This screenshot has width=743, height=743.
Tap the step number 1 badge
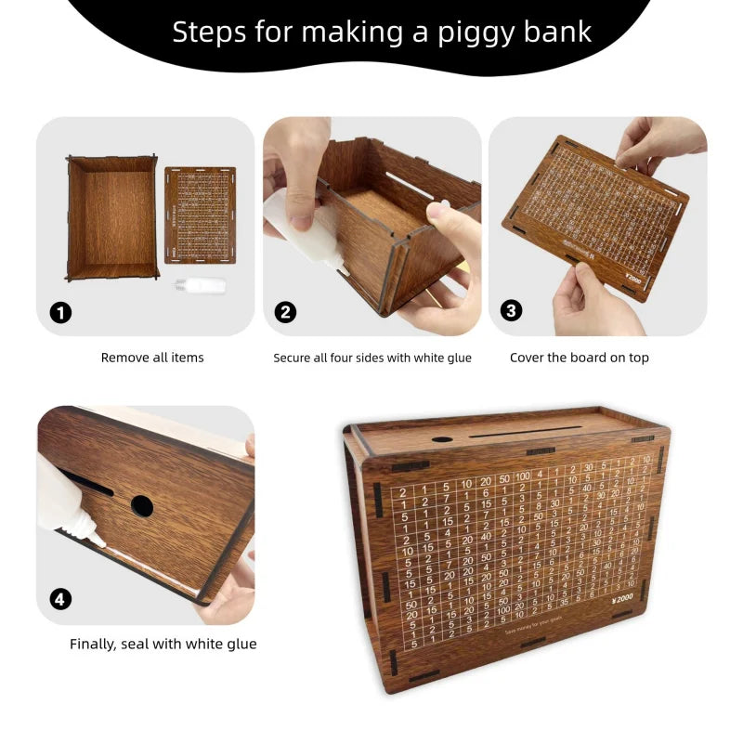(x=60, y=312)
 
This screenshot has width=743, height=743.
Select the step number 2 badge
(x=286, y=312)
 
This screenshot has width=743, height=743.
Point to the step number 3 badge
(x=512, y=311)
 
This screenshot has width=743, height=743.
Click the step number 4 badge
(x=60, y=599)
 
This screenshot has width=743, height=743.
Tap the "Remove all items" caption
(x=152, y=358)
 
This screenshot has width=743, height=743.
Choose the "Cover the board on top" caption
(x=580, y=358)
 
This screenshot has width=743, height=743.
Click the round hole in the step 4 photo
(x=142, y=506)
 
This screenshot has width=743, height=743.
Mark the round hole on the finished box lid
(x=442, y=439)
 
